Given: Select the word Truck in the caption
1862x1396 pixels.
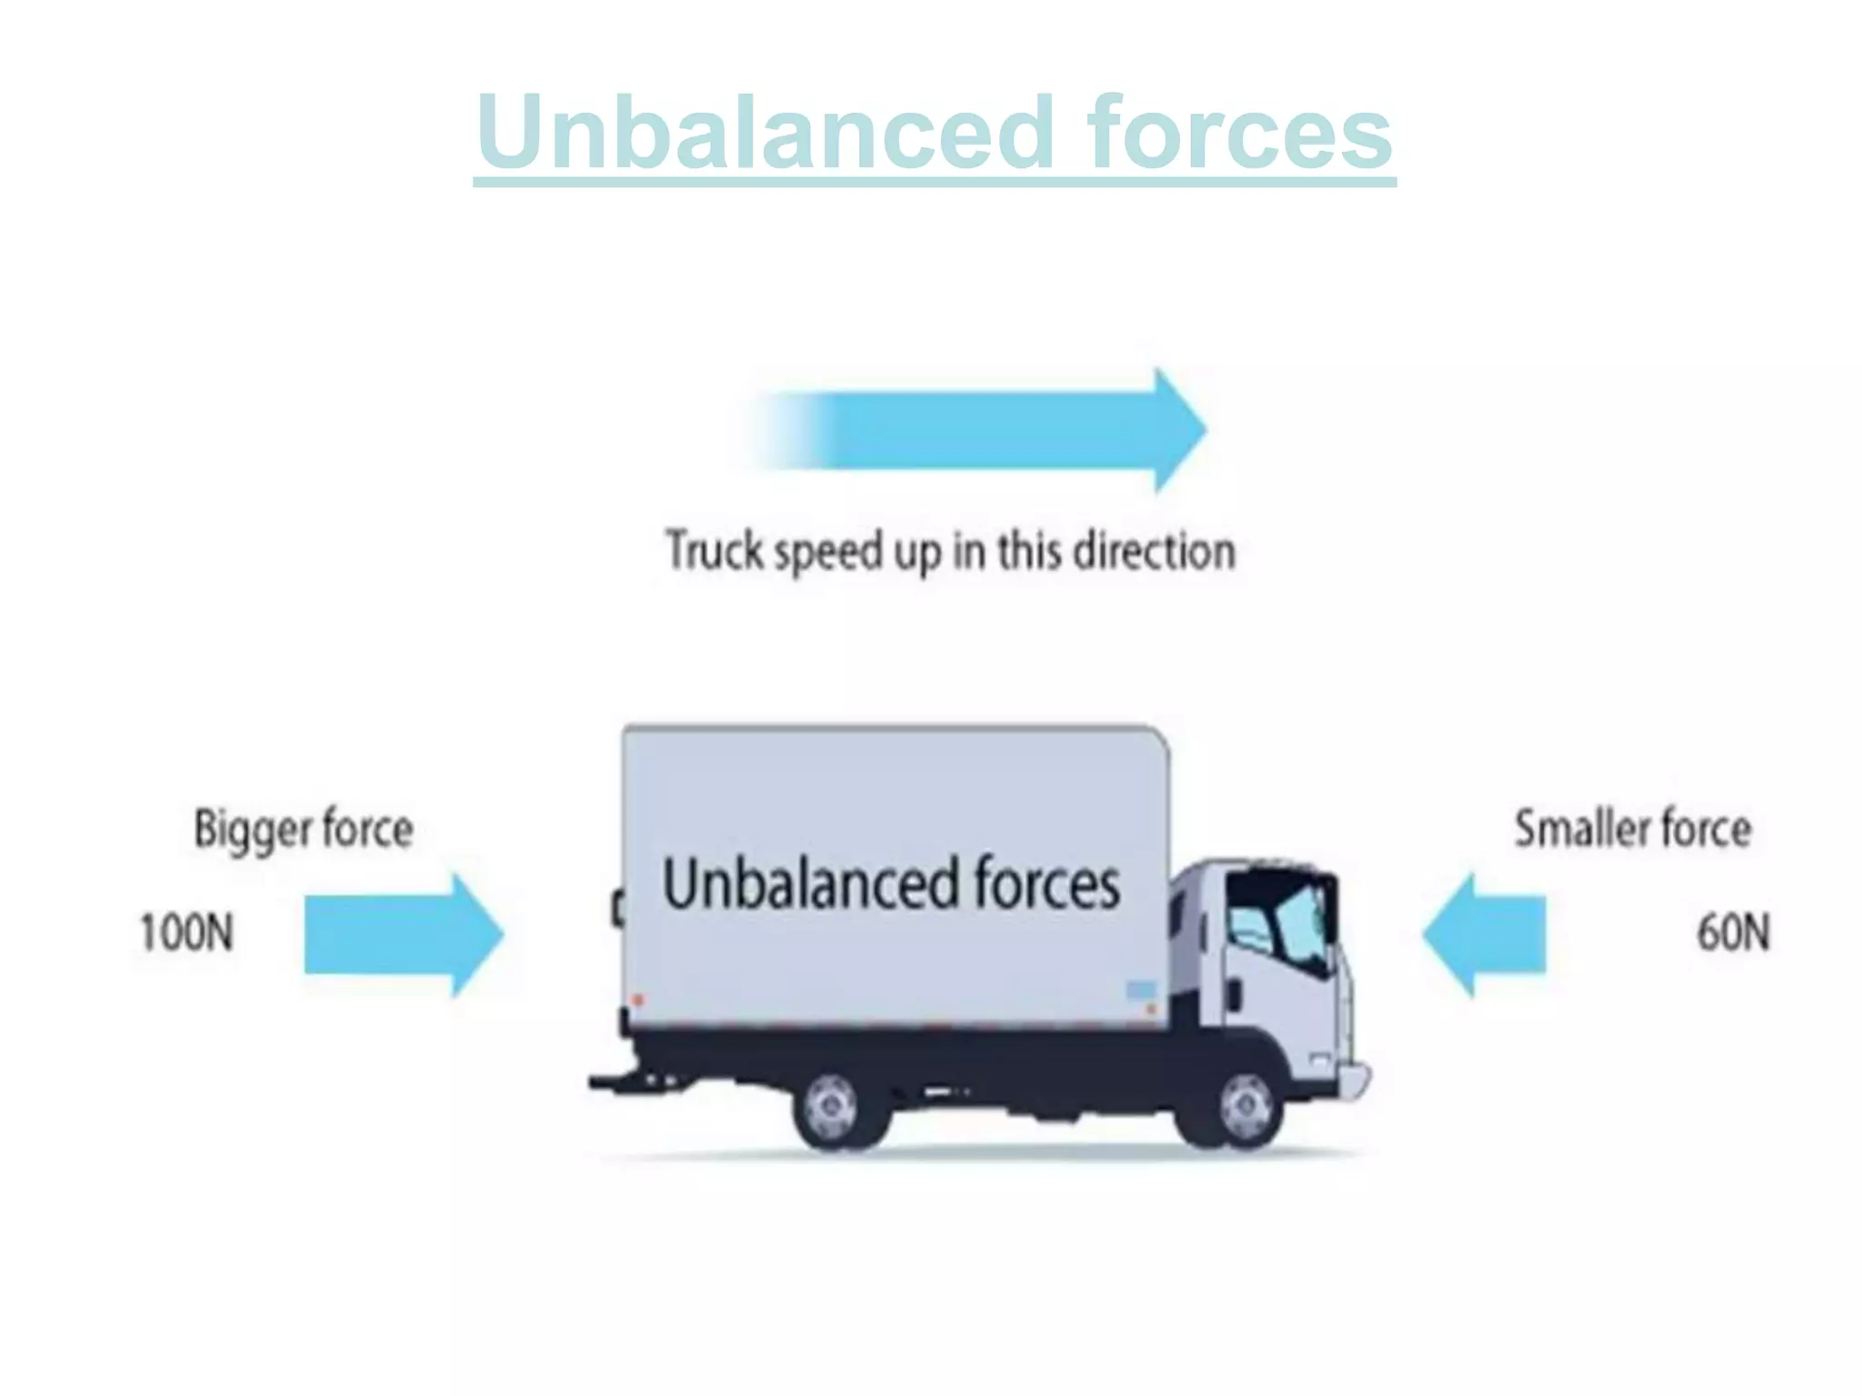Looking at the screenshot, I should pos(714,551).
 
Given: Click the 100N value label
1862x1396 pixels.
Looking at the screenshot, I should pos(186,932).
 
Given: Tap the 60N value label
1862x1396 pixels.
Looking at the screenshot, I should pos(1733,932).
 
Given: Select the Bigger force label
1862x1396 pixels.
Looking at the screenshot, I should pos(304,829).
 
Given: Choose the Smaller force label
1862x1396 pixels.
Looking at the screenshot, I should pos(1632,829).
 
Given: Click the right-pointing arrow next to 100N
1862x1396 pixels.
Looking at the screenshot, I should pos(400,934).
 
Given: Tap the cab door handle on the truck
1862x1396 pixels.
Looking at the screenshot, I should pos(1235,993).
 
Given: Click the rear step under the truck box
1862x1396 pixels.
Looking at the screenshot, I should pos(627,1082).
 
